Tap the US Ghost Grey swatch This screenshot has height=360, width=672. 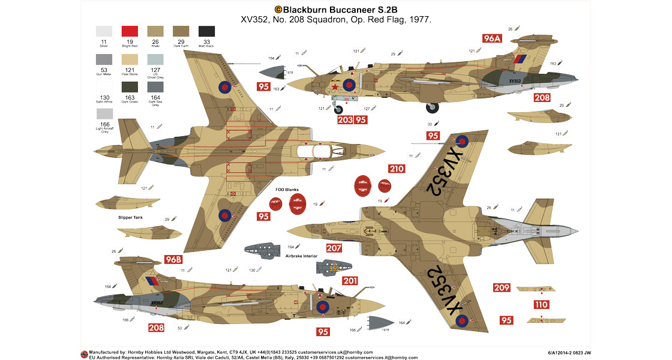click(x=155, y=60)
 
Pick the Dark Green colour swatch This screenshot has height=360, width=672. click(x=130, y=86)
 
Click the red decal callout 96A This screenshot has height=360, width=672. click(x=492, y=38)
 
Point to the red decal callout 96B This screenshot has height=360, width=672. click(x=173, y=260)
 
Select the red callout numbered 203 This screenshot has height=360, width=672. click(x=345, y=119)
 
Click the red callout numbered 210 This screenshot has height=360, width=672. click(x=396, y=169)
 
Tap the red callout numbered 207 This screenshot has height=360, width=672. click(x=334, y=248)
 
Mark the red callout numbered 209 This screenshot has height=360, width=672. click(x=502, y=287)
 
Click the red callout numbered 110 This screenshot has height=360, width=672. click(x=541, y=305)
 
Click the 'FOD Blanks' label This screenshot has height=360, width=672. click(x=287, y=190)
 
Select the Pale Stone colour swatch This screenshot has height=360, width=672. click(x=130, y=60)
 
